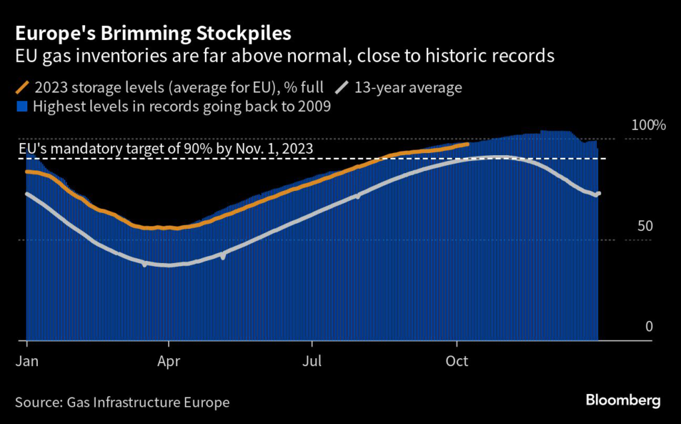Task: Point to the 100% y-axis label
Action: tap(648, 125)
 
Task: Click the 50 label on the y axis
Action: tap(645, 226)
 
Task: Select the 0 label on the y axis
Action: tap(649, 326)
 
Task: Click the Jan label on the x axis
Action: tap(26, 361)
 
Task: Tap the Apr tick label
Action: tap(169, 361)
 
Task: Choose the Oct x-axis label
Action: tap(457, 361)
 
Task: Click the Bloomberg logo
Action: tap(623, 401)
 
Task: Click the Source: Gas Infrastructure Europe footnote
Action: tap(122, 402)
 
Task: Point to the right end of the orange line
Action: tap(468, 144)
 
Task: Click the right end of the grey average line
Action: tap(599, 194)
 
